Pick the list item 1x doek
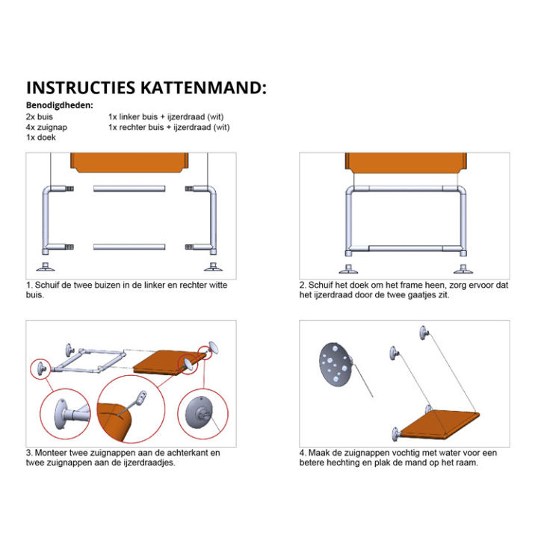[x=40, y=137]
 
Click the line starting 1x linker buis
[x=166, y=117]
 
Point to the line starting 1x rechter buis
[x=169, y=127]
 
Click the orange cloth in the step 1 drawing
[x=129, y=161]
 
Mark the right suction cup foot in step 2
[x=463, y=268]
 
